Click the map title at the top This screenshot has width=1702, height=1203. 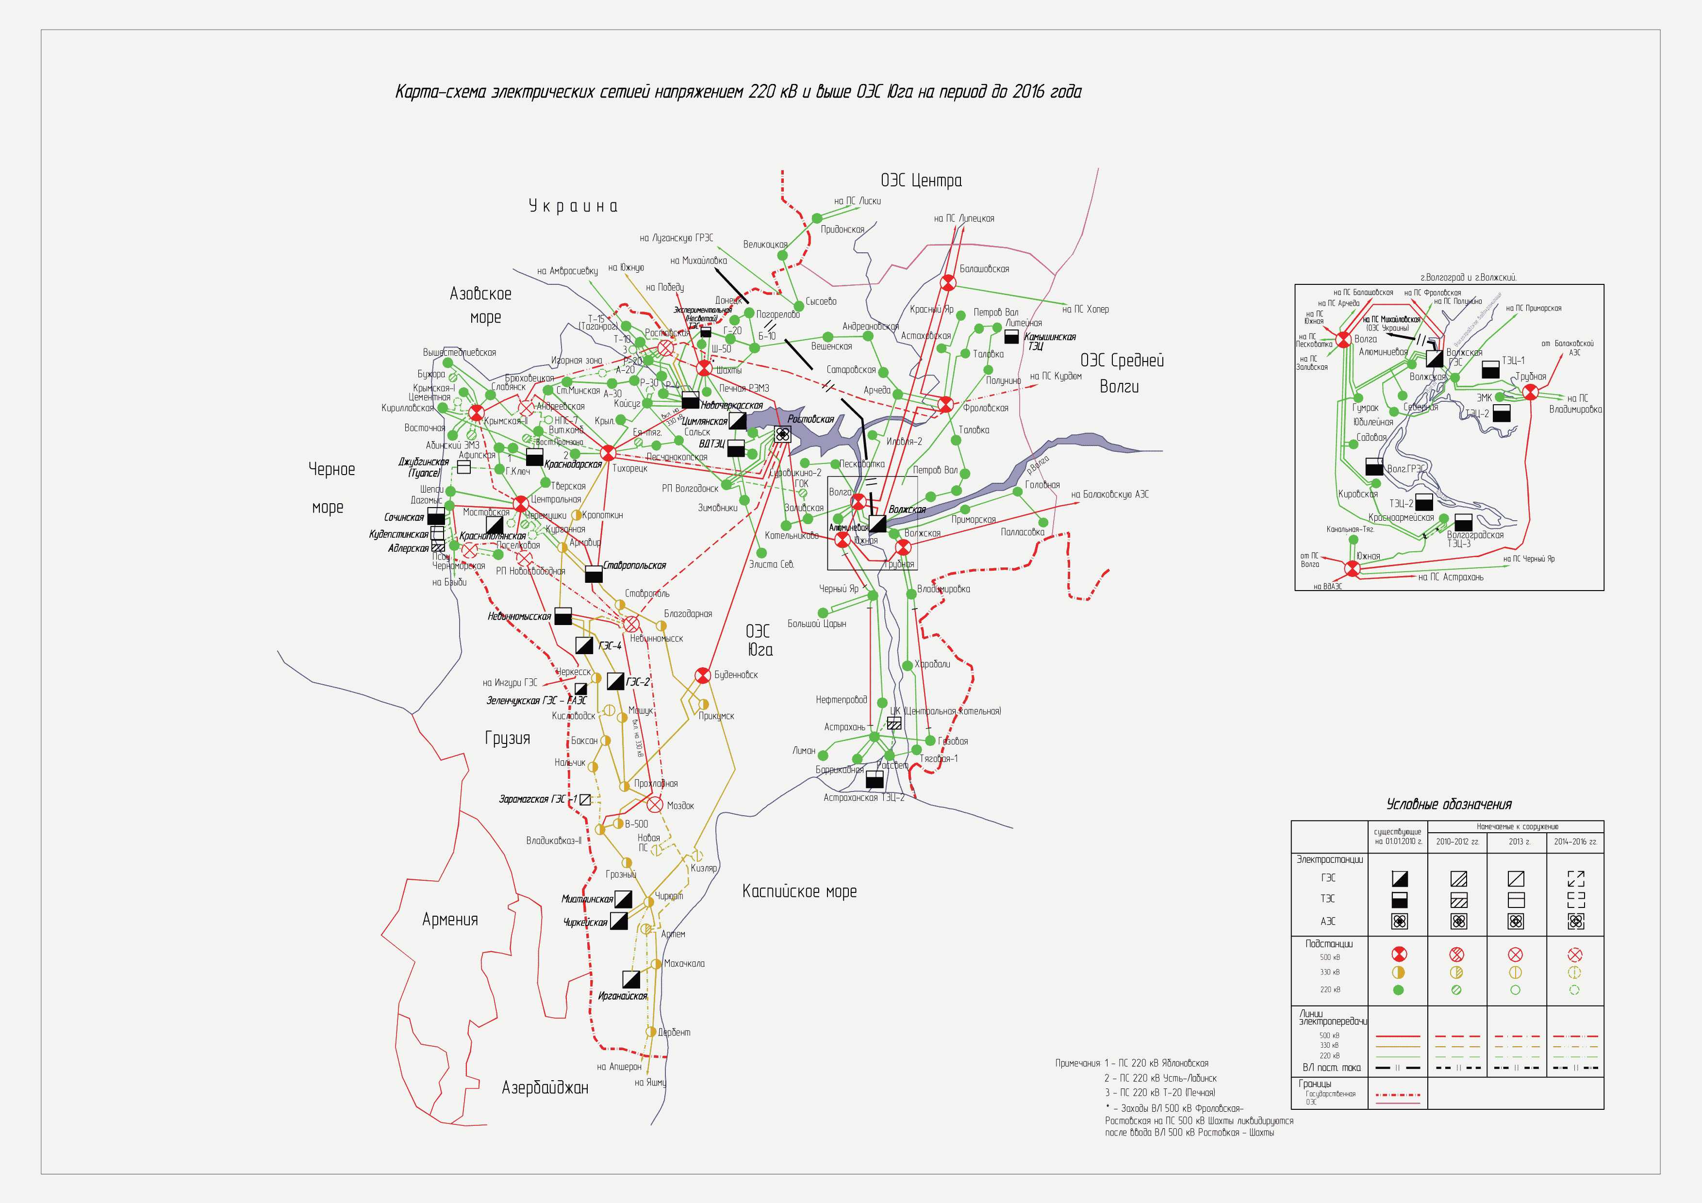pos(738,92)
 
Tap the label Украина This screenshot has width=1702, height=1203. pos(572,206)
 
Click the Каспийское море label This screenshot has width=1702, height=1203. pos(799,891)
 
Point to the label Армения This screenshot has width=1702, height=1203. pos(449,920)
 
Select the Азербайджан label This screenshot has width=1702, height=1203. pos(545,1088)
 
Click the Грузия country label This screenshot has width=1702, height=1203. pos(507,738)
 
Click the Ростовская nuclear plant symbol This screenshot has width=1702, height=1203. pos(782,435)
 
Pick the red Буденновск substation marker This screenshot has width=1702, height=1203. pos(702,675)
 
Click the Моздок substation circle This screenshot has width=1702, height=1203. pos(655,804)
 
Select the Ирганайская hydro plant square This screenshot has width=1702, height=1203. pos(631,979)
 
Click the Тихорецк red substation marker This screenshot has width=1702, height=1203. pos(608,453)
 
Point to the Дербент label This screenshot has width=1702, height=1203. pos(674,1032)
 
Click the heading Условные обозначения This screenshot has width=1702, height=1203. pos(1449,804)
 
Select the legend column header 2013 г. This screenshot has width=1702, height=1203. pos(1516,841)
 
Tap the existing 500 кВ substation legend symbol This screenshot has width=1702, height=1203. pos(1399,954)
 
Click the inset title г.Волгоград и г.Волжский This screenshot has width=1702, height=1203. pos(1468,277)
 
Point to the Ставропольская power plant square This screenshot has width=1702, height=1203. pos(594,574)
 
